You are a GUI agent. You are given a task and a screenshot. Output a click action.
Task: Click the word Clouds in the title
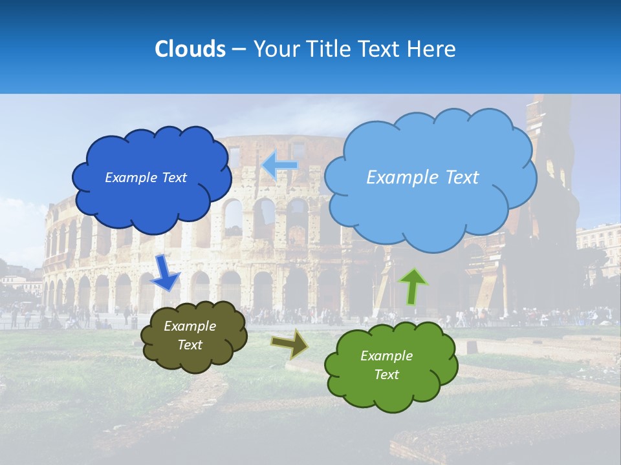point(190,49)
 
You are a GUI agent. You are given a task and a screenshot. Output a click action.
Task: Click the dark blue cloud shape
point(152,200)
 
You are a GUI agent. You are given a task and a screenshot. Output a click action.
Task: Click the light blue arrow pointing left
point(279,165)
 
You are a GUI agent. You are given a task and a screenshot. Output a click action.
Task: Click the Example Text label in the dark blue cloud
point(146,178)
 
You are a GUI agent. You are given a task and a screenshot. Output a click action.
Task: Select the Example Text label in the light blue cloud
point(422,178)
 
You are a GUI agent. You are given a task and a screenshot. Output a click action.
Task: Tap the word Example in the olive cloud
point(190,327)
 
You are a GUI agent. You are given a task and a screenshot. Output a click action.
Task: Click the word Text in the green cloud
point(386,375)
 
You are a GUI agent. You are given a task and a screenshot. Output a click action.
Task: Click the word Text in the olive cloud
point(190,345)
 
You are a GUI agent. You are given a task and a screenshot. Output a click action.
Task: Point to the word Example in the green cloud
point(386,356)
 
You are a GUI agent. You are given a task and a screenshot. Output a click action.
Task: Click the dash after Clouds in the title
point(239,50)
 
